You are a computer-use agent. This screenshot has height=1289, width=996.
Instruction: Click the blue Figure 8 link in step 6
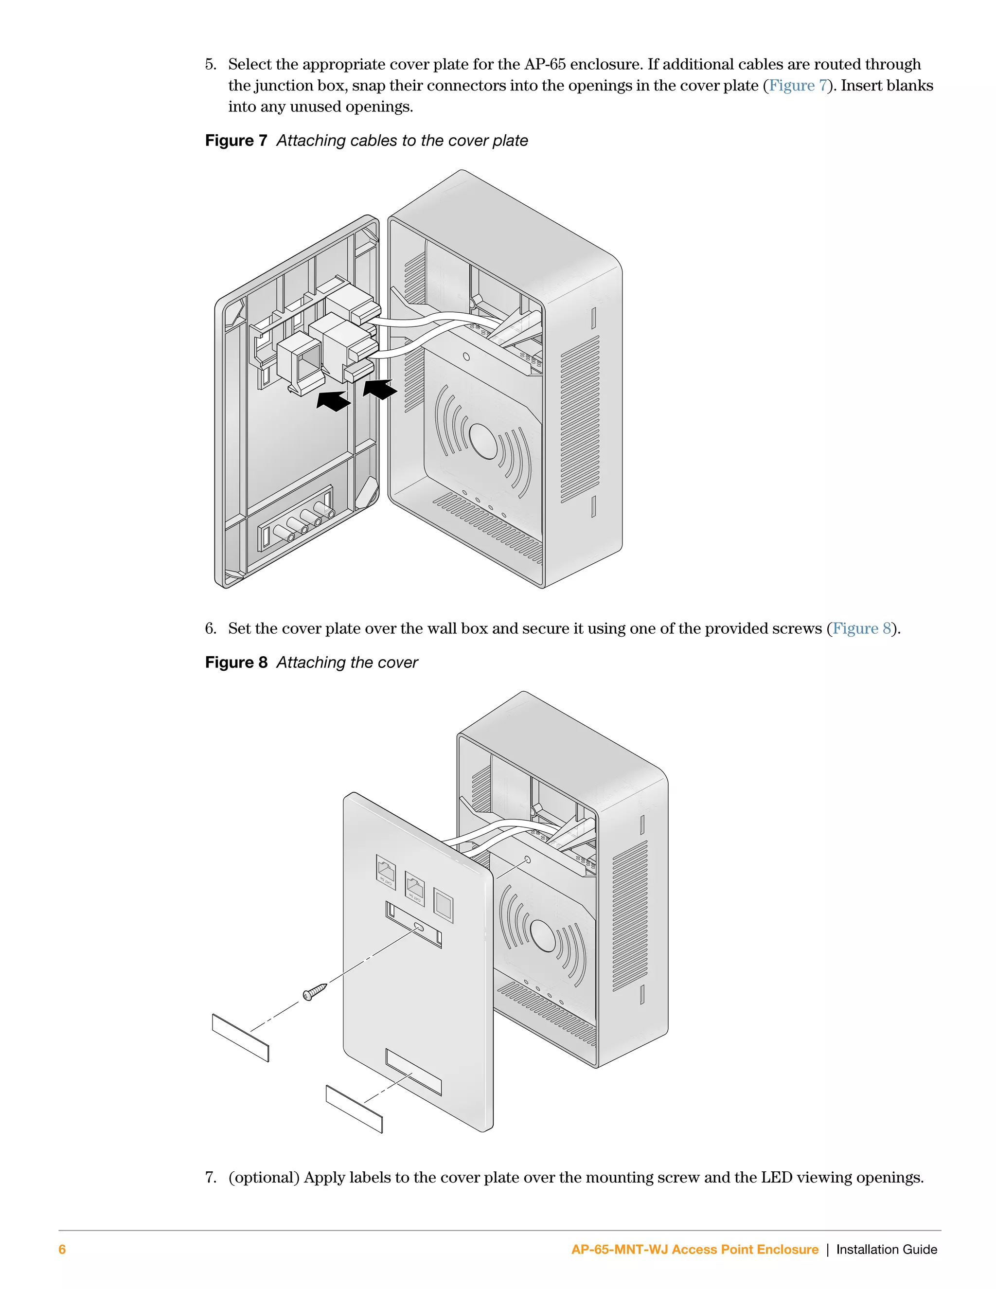click(861, 628)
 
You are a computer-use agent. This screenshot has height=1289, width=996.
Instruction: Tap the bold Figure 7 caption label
click(236, 141)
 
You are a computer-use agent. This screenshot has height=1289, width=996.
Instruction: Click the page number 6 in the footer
click(62, 1250)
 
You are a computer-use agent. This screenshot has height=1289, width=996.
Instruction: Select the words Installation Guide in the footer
click(886, 1250)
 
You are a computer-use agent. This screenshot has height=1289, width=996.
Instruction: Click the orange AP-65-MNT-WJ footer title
click(694, 1250)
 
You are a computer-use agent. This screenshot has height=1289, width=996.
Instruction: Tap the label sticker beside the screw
click(240, 1038)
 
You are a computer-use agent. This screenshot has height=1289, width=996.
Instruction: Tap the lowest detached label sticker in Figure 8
click(354, 1109)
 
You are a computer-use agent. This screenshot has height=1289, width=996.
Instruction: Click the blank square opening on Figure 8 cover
click(443, 905)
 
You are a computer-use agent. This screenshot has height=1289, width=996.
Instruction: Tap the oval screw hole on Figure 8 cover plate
click(420, 927)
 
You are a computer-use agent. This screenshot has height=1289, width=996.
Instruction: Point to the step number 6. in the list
click(211, 628)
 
